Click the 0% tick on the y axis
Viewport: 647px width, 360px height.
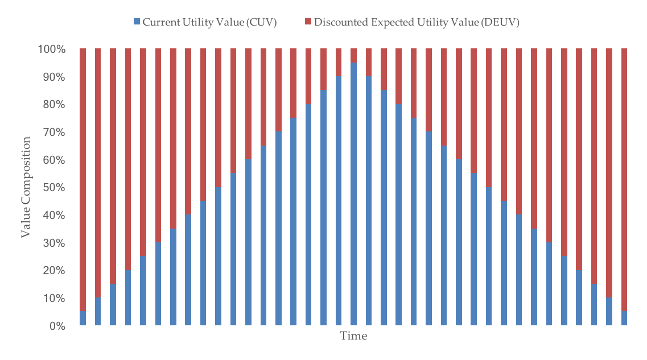[x=57, y=326]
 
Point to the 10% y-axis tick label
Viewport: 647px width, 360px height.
[x=55, y=299]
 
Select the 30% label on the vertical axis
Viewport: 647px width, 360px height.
[x=55, y=243]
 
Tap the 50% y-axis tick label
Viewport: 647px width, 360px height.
[x=55, y=188]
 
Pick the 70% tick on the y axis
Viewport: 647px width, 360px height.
[x=55, y=133]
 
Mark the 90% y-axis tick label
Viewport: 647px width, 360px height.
[x=55, y=77]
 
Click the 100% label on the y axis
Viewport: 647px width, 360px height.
[x=52, y=49]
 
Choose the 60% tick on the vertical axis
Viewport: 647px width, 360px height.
[x=55, y=160]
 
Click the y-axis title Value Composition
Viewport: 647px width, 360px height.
[x=26, y=187]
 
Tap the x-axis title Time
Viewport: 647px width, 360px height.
[x=353, y=336]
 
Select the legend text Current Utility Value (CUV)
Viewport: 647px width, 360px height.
[x=209, y=22]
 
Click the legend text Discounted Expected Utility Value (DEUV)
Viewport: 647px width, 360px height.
[x=417, y=22]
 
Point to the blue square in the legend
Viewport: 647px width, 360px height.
[x=137, y=22]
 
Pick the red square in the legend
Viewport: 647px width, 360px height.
[x=308, y=22]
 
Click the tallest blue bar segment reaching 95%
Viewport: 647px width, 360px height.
[x=353, y=193]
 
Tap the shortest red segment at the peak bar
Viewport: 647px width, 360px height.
[x=353, y=55]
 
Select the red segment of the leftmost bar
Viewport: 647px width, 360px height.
[x=83, y=179]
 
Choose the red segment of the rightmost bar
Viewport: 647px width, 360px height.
[x=624, y=179]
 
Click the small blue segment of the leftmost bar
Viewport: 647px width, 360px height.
[x=83, y=318]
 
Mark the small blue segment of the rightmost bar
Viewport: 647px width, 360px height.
[x=624, y=318]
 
